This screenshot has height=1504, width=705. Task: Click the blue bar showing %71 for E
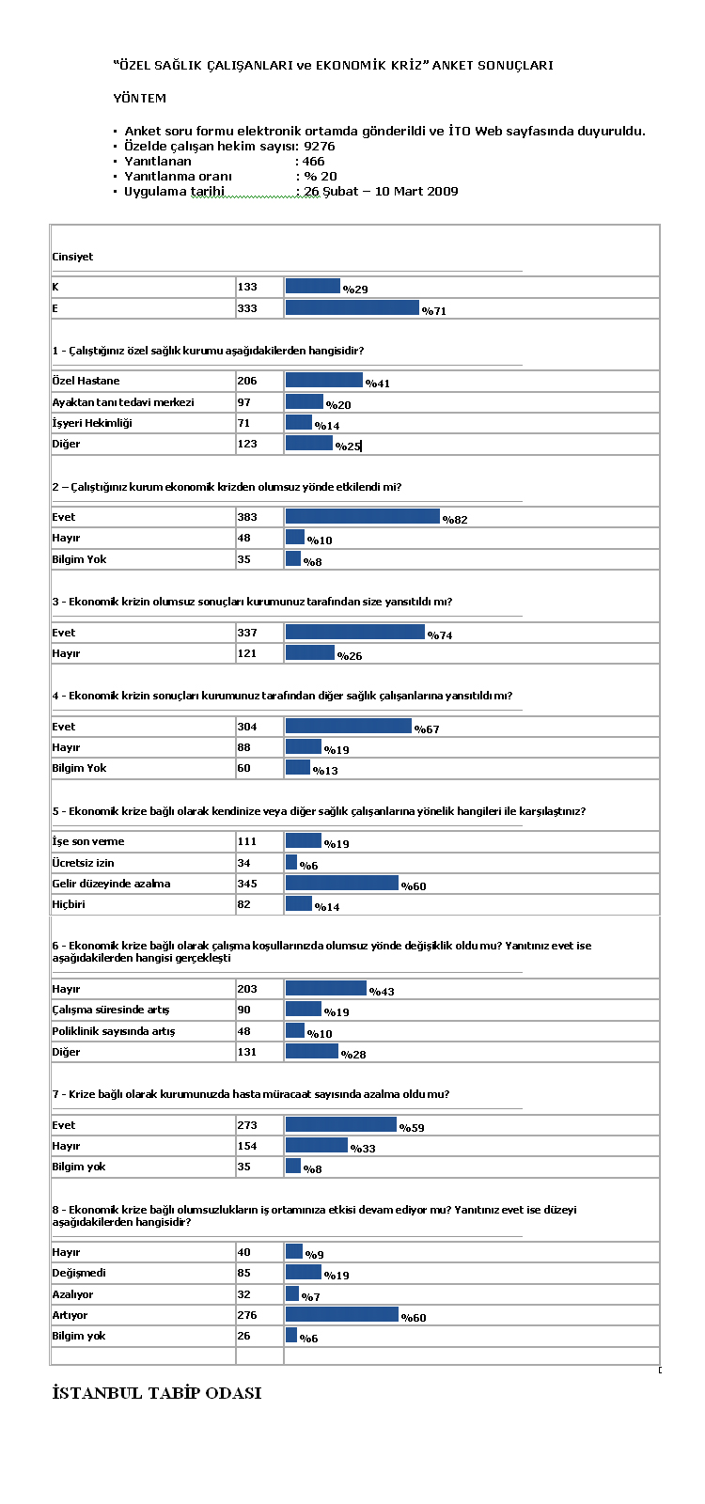coord(352,307)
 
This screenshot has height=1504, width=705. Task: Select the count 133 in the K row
coord(247,287)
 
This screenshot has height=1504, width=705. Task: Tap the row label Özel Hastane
coord(86,381)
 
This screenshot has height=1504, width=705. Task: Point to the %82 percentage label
coord(455,520)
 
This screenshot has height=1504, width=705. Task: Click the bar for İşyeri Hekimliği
coord(299,422)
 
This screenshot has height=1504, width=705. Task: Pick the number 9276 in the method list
coord(319,147)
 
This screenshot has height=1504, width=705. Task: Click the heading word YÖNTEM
coord(140,98)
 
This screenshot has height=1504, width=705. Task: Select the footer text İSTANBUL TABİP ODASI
coord(157,1392)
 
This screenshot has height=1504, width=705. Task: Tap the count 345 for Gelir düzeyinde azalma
coord(247,884)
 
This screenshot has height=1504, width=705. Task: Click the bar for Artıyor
coord(342,1314)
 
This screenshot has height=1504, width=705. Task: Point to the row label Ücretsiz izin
coord(84,863)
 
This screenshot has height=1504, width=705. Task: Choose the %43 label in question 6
coord(382,992)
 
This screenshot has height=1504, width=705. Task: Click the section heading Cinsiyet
coord(72,257)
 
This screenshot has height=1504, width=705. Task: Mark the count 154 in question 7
coord(247,1146)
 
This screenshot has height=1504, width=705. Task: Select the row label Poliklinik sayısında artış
coord(114,1031)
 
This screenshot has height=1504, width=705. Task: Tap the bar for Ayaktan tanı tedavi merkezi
coord(305,401)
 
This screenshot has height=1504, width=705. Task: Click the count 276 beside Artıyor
coord(247,1315)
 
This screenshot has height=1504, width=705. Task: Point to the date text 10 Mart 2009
coord(416,192)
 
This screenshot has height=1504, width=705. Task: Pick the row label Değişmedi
coord(79,1273)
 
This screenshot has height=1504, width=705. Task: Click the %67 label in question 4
coord(427,729)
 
